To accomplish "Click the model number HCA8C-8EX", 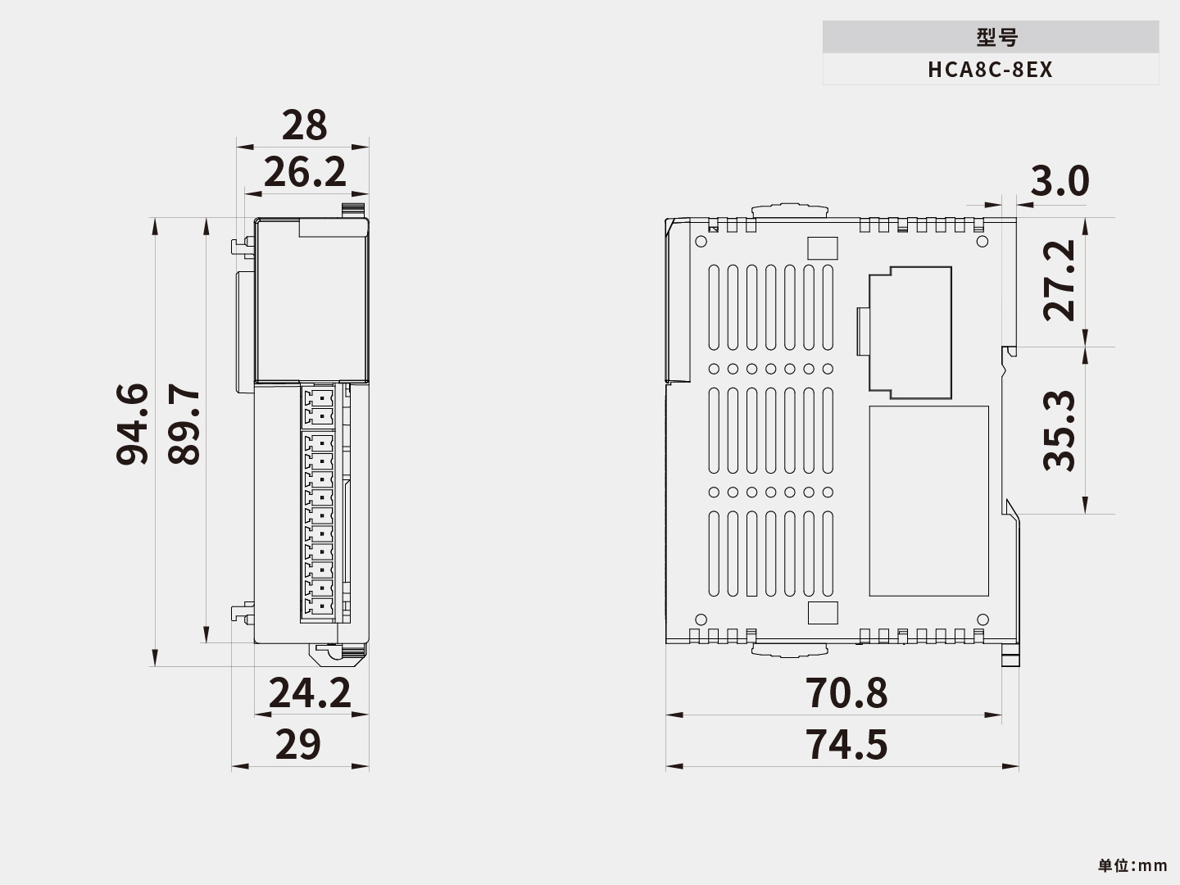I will [x=990, y=70].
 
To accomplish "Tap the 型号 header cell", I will [x=990, y=37].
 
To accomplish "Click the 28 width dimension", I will [x=304, y=125].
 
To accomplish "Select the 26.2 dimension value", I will [x=305, y=173].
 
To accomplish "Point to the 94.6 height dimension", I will [x=132, y=424].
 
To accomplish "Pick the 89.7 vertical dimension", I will [x=184, y=424].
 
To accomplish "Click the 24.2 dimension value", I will [x=310, y=693].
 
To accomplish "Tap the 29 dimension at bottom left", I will [x=297, y=745].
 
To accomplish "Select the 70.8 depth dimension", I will [x=846, y=693].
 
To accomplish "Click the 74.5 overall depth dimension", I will [x=846, y=745].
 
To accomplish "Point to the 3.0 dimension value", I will [x=1060, y=182].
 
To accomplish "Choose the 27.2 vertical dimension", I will [x=1060, y=280].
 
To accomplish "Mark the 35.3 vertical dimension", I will [x=1060, y=430].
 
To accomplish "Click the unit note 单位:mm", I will [x=1132, y=865].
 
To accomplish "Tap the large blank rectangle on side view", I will [x=928, y=501].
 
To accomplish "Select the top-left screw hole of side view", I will [x=701, y=242].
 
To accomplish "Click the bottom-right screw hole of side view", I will [x=983, y=619].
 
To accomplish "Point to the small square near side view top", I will [x=822, y=248].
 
